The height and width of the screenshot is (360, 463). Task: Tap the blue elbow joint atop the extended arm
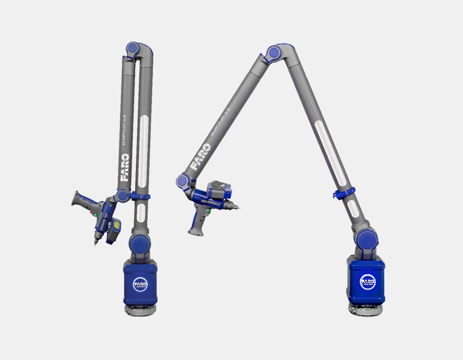[x=273, y=53]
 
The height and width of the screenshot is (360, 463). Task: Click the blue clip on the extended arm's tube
[x=342, y=193]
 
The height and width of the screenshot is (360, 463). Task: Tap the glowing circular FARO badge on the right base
[x=367, y=281]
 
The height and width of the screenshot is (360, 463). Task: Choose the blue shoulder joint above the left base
[x=138, y=242]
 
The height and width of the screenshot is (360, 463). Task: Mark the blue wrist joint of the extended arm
[x=183, y=181]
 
